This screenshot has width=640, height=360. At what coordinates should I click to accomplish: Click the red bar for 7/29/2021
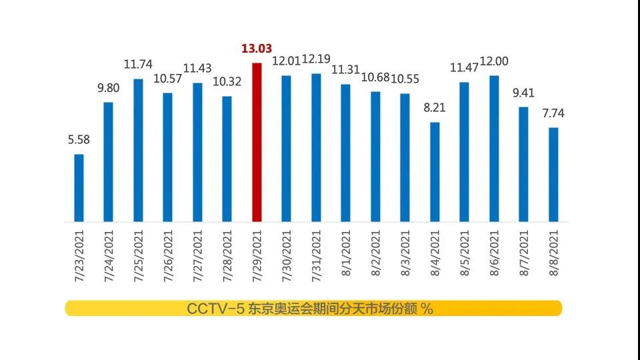(x=257, y=142)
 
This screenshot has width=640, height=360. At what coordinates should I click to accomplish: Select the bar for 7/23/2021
(x=79, y=188)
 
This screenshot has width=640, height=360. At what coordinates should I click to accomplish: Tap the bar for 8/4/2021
(x=435, y=172)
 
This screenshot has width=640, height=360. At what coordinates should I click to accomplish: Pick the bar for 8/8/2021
(x=553, y=175)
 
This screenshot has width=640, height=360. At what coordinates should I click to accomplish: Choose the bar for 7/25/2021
(x=138, y=150)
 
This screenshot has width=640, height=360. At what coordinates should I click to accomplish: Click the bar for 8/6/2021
(x=494, y=148)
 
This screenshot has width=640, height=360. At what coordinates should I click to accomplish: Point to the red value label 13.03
(x=257, y=49)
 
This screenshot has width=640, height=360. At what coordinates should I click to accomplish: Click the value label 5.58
(x=79, y=140)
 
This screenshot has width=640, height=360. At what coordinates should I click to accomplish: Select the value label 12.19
(x=316, y=59)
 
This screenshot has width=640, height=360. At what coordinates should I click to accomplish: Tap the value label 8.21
(x=435, y=108)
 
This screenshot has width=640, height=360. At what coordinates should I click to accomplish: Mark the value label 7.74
(x=553, y=114)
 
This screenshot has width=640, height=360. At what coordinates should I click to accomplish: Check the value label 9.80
(x=109, y=88)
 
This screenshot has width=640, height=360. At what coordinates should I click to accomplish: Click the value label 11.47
(x=465, y=68)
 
